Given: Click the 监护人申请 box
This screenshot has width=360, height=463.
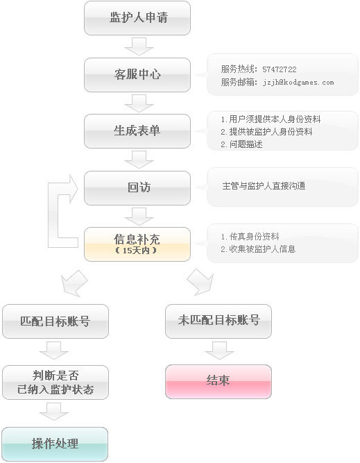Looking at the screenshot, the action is [137, 18].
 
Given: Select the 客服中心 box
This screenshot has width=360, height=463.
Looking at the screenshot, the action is [137, 75].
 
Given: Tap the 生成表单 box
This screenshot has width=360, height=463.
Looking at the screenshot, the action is [137, 131].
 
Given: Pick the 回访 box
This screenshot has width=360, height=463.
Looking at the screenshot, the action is [137, 188].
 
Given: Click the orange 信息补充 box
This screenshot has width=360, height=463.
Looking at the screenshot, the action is [137, 244].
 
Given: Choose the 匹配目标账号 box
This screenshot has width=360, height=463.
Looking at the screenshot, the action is [55, 321].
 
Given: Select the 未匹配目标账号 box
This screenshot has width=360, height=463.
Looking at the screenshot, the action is [218, 321].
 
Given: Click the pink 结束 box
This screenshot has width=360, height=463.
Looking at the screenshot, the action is [218, 382].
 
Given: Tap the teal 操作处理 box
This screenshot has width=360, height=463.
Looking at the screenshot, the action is [55, 444].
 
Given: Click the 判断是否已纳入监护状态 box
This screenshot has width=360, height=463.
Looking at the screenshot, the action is [55, 382].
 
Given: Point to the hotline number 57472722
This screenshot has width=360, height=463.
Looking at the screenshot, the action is [279, 69].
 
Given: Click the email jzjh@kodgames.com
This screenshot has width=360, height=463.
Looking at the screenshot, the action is [298, 83].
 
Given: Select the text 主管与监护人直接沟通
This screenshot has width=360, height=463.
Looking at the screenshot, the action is [264, 186].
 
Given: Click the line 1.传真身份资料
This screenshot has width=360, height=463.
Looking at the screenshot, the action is [250, 237].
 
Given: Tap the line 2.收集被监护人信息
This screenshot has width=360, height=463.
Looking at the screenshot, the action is [258, 249].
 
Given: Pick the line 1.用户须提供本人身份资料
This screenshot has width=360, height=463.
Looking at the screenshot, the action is [271, 119].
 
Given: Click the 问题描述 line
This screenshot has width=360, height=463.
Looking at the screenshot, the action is [241, 144].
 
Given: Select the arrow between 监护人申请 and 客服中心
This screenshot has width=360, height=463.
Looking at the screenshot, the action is [139, 47].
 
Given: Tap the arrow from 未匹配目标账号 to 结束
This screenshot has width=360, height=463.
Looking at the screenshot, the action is [219, 351].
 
